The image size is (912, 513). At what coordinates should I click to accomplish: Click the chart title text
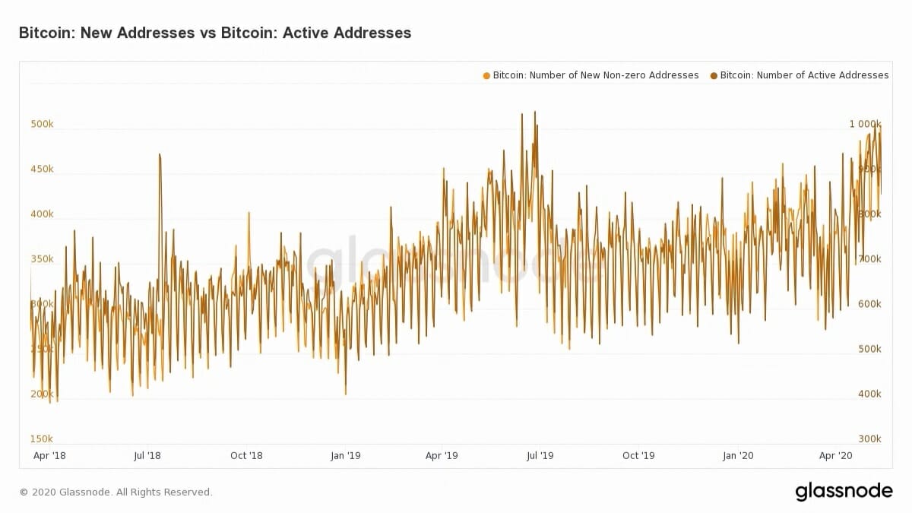point(214,33)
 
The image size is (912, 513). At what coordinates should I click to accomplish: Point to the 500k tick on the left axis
point(42,124)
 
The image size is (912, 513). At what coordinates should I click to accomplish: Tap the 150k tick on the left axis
point(42,439)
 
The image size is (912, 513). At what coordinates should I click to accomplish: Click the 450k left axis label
point(42,169)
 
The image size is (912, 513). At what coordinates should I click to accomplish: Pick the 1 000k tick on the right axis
point(865,124)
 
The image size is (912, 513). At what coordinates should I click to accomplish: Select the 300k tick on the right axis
point(869,439)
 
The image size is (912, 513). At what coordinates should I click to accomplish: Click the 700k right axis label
point(869,259)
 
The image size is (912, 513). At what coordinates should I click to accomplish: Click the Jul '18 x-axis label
point(147,456)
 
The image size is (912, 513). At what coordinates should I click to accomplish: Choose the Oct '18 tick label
point(245,456)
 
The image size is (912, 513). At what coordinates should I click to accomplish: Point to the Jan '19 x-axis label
point(345,456)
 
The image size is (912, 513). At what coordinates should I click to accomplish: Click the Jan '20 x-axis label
point(737,456)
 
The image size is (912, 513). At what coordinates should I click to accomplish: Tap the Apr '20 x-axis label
point(835,456)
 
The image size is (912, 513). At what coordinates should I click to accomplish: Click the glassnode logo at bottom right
point(844,492)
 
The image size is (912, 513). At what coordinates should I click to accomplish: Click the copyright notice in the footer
point(116,492)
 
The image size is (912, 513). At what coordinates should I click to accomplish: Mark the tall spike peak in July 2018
point(160,154)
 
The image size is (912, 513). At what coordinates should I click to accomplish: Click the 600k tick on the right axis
point(869,304)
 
